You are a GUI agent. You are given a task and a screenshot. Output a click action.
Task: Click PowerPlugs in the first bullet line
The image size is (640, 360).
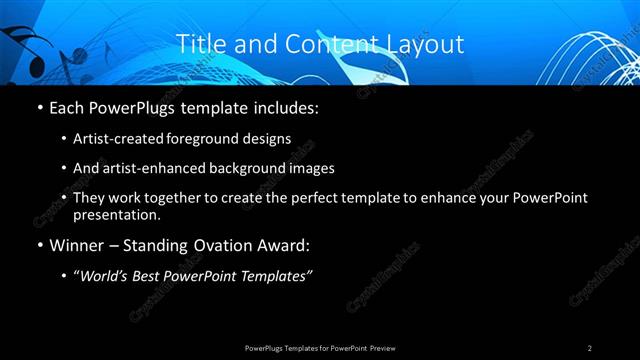point(135,106)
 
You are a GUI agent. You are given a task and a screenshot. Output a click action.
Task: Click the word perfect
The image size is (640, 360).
point(309,198)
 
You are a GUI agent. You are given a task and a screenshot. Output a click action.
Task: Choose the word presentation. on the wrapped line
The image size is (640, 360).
point(116,214)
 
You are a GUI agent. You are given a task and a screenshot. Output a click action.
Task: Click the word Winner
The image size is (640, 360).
point(78,245)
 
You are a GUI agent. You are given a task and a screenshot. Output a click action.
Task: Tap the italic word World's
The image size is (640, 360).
point(106,276)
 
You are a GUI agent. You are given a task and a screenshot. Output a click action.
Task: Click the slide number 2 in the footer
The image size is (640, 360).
point(589,348)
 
